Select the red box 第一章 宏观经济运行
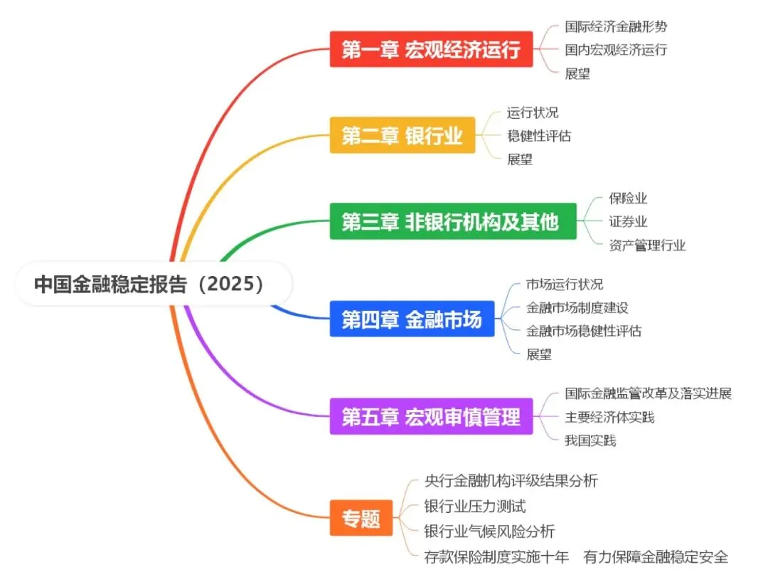[431, 50]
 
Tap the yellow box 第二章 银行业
[402, 135]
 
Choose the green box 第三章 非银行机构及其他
[452, 221]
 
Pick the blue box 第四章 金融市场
[412, 319]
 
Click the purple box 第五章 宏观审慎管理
[431, 416]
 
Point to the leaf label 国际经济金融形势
[616, 27]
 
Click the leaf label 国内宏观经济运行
[616, 50]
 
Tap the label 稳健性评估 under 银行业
[539, 135]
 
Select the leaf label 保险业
[628, 199]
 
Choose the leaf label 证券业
[628, 222]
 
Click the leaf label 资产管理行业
[647, 245]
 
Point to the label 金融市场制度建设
[577, 307]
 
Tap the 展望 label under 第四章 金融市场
[539, 354]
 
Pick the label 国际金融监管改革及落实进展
[648, 393]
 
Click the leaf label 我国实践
[590, 440]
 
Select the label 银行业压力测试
[474, 507]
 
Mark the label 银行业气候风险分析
[489, 531]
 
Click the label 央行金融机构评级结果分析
[511, 481]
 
